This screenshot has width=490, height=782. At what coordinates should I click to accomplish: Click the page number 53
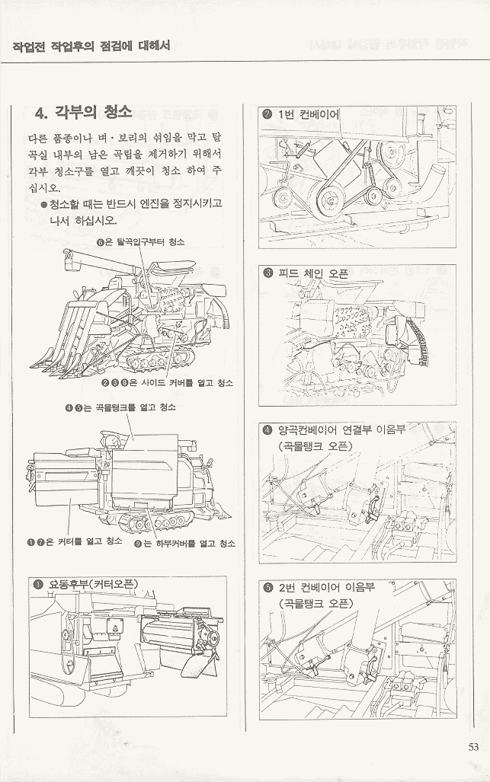(x=473, y=746)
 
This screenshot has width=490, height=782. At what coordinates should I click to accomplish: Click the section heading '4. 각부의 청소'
(x=83, y=112)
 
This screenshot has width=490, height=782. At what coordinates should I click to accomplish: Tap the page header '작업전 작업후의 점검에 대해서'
(x=91, y=46)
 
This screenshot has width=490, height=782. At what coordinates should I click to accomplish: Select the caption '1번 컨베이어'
(x=309, y=115)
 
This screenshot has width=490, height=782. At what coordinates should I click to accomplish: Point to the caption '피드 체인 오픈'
(x=313, y=273)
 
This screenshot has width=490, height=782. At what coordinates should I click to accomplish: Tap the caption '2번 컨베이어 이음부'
(x=326, y=586)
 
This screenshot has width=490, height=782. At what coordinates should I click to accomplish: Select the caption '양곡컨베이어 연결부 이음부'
(x=342, y=429)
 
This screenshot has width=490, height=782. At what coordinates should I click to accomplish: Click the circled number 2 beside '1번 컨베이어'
(x=267, y=115)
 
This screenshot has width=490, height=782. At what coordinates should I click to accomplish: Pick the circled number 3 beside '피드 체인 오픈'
(x=268, y=273)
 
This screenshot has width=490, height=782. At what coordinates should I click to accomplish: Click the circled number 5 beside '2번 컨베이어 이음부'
(x=268, y=587)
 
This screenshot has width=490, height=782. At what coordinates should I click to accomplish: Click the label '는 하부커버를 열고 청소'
(x=189, y=544)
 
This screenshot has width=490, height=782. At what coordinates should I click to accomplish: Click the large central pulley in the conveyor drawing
(x=329, y=200)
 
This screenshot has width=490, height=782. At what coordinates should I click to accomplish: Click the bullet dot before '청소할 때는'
(x=44, y=205)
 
